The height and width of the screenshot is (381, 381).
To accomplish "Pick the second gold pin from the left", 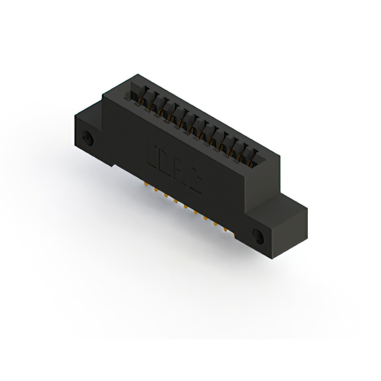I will [x=157, y=192].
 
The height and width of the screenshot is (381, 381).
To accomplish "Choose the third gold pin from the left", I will [x=166, y=197].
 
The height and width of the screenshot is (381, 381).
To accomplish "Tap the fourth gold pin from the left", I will [x=176, y=203].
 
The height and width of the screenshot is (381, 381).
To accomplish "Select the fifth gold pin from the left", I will [x=186, y=208].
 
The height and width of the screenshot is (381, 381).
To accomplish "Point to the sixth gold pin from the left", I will [x=196, y=214].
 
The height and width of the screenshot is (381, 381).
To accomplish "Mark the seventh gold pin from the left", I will [x=207, y=220].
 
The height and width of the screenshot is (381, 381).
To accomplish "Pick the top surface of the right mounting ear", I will [x=280, y=205].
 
